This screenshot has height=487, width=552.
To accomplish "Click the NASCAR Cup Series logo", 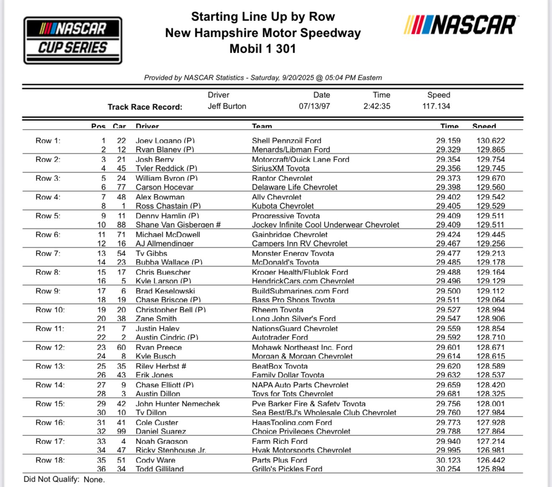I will [x=73, y=40].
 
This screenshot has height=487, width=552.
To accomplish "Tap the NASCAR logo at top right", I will [x=460, y=25].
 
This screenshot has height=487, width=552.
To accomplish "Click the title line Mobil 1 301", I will [x=263, y=49].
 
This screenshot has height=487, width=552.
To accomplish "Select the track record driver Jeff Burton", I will [x=227, y=106].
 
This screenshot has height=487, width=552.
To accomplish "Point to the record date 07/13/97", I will [x=314, y=106].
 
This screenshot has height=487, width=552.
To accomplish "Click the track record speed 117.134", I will [x=436, y=106].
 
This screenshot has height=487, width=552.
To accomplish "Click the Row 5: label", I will [x=48, y=216].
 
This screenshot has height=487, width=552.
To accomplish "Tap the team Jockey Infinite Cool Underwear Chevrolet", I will [x=325, y=225].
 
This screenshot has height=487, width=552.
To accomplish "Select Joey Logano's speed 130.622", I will [x=491, y=141].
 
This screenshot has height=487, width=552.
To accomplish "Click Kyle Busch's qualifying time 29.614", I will [x=448, y=356].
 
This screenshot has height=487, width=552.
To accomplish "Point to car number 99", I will [x=121, y=431].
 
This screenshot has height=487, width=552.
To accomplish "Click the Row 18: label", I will [x=50, y=460].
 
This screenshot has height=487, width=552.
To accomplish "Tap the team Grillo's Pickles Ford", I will [x=287, y=469].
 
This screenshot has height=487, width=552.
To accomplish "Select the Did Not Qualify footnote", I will [x=64, y=479].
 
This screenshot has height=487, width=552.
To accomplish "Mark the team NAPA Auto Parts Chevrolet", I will [x=300, y=385].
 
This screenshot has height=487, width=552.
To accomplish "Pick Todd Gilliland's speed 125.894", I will [x=491, y=469].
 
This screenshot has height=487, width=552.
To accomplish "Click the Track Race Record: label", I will [x=145, y=107].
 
